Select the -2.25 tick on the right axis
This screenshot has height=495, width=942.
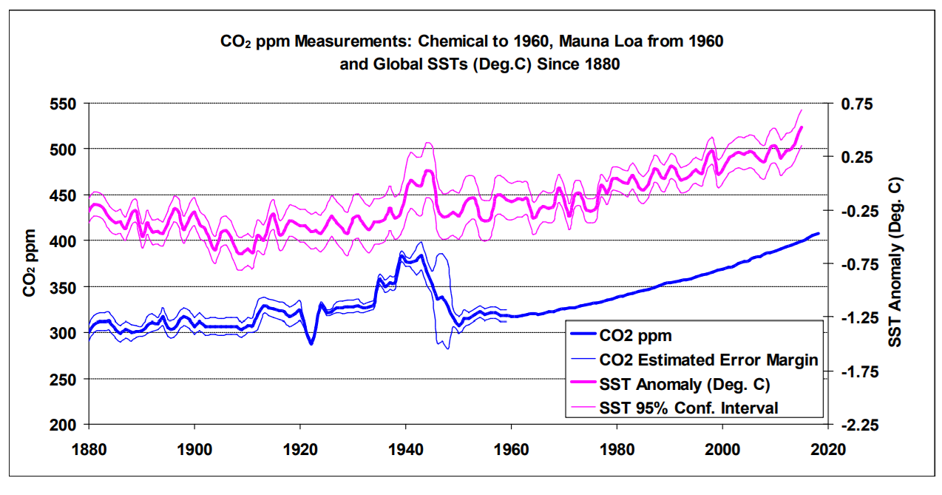click(x=856, y=425)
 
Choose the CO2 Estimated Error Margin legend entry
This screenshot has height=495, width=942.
click(x=708, y=360)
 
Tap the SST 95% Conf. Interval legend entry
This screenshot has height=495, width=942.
click(x=689, y=407)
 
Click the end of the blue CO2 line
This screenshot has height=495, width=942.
click(x=818, y=234)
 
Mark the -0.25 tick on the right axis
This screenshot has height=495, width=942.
click(x=856, y=211)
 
